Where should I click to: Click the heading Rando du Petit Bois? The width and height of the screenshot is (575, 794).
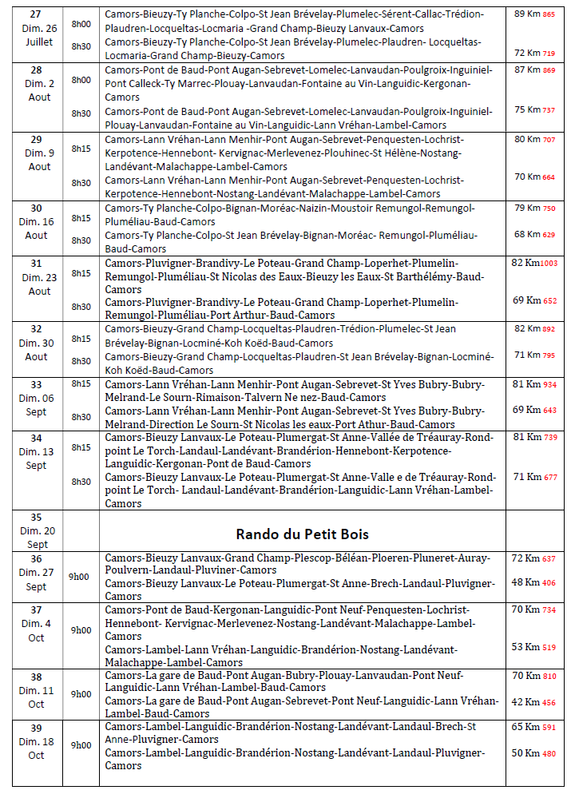tap(301, 534)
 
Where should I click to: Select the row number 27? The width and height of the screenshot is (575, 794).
tap(37, 14)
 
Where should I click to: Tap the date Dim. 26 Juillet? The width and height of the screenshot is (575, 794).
tap(37, 34)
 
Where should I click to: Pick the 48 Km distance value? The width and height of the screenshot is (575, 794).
tap(527, 582)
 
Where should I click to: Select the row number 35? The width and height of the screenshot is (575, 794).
tap(37, 518)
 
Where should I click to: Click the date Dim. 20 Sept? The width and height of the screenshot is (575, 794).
tap(37, 538)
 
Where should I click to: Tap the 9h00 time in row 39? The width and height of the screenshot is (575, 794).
tap(81, 744)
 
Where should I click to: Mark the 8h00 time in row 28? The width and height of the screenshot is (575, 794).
tap(81, 80)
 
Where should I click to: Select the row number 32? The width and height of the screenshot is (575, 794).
tap(37, 328)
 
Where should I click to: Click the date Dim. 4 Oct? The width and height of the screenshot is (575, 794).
tap(37, 630)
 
